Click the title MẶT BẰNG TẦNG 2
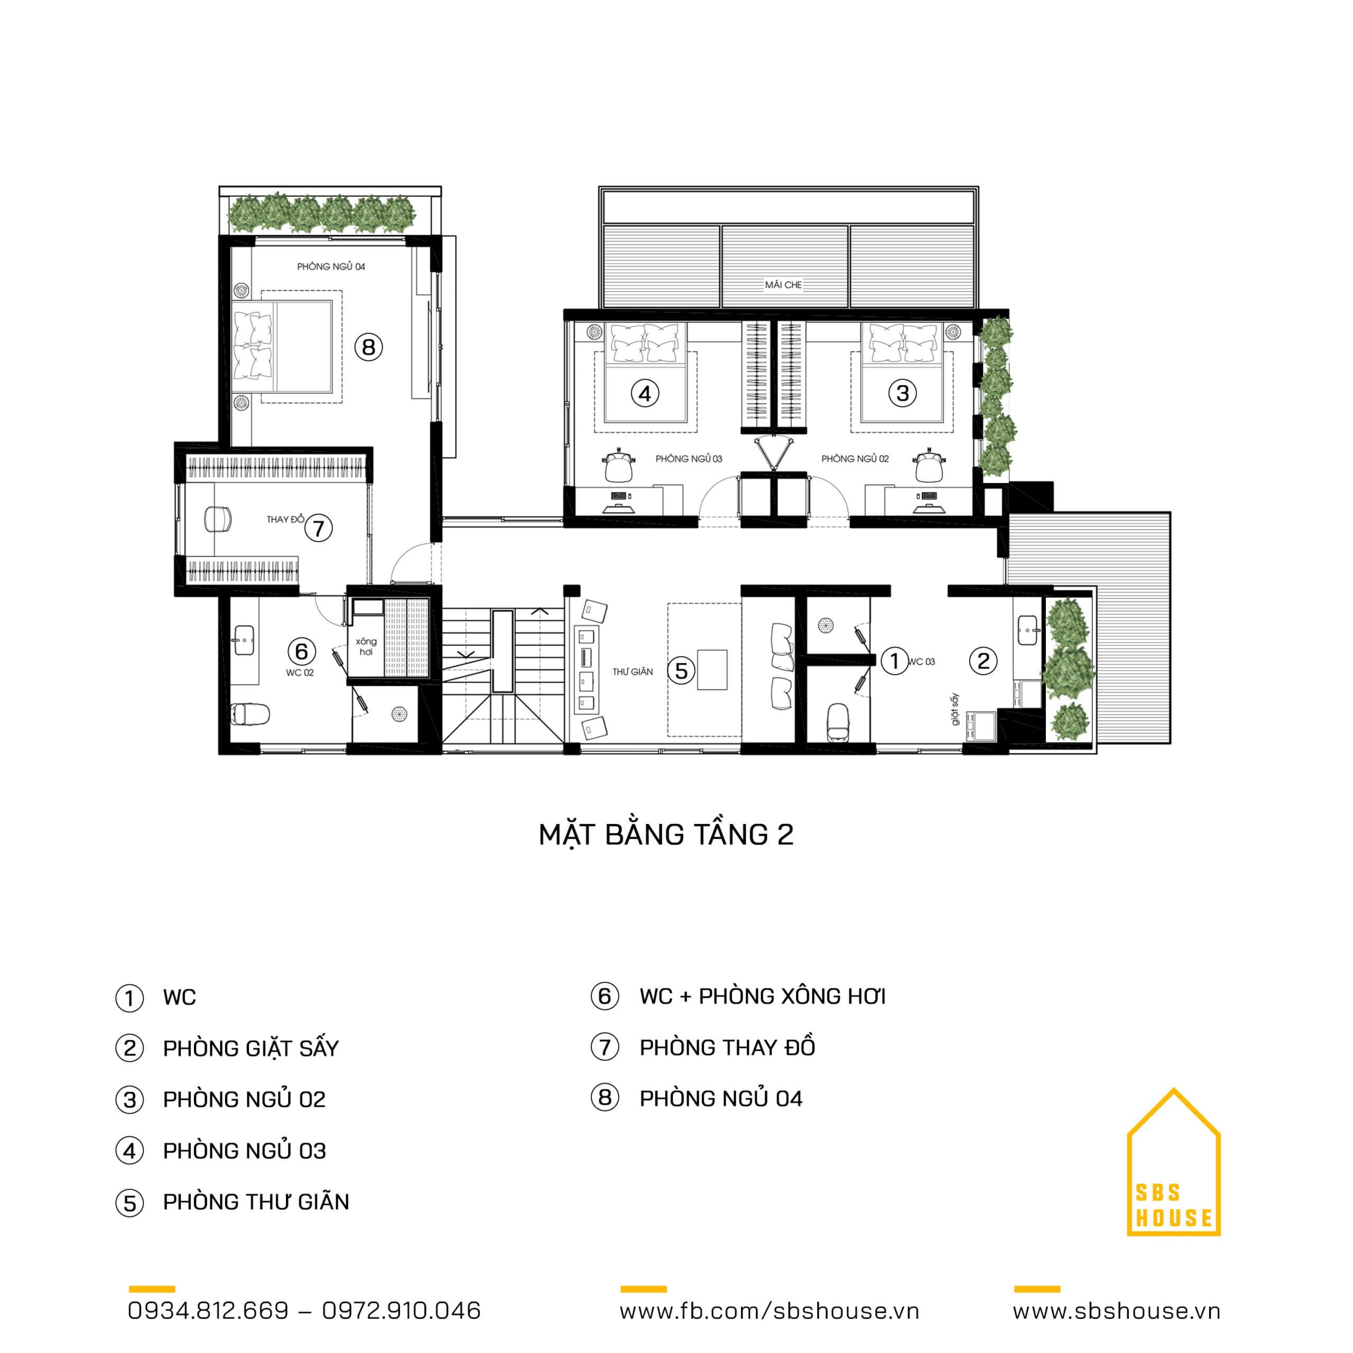(x=665, y=835)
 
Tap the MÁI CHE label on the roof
(x=783, y=285)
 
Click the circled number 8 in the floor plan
(x=368, y=347)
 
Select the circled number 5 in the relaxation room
(x=681, y=670)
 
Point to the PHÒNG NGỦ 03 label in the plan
(x=689, y=459)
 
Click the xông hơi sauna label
(x=366, y=646)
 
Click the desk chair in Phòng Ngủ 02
(x=929, y=465)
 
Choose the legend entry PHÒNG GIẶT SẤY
(x=251, y=1049)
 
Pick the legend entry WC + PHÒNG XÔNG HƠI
(x=763, y=997)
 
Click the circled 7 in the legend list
(x=605, y=1048)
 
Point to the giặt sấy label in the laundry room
(x=955, y=709)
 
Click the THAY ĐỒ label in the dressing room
(x=285, y=519)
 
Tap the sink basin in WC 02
(x=244, y=640)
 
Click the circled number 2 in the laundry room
(x=983, y=661)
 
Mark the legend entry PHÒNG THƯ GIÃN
(x=256, y=1202)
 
